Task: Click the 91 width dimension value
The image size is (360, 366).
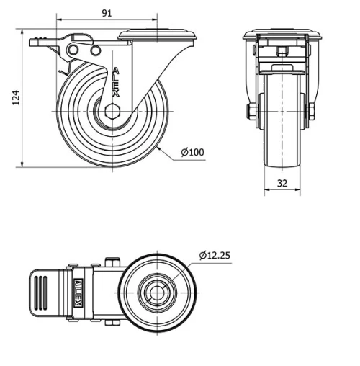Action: tap(106, 13)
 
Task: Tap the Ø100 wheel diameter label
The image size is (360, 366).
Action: tap(192, 152)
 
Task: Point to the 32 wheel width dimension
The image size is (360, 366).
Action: tap(282, 184)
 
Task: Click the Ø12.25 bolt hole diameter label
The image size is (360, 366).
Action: tap(216, 255)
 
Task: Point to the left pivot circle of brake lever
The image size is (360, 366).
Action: tap(73, 49)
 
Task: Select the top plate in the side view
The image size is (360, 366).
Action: tap(157, 35)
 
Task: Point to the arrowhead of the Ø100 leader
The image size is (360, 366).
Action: tap(161, 148)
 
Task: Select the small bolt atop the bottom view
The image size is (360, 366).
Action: tap(110, 262)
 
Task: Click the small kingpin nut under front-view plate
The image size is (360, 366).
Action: tap(282, 52)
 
